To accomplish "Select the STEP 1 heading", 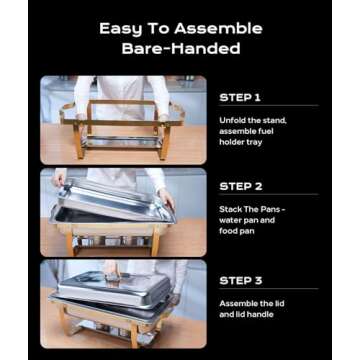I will click(239, 98).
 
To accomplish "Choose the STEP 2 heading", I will click(240, 186).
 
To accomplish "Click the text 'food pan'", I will click(236, 230).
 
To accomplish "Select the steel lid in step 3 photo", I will click(110, 289).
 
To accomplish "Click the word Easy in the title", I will click(120, 29).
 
